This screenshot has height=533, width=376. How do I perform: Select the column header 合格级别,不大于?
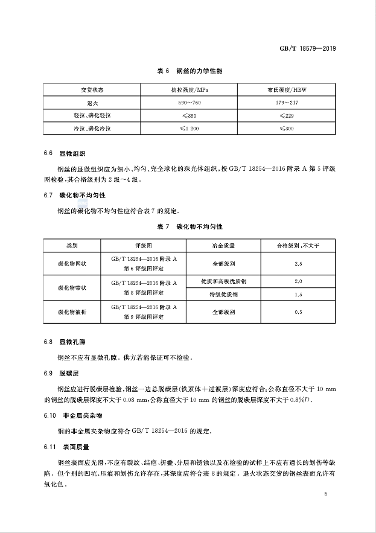coord(298,246)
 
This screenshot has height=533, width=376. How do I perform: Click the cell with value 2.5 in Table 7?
coord(298,264)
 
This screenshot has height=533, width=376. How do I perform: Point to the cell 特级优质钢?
coord(223,295)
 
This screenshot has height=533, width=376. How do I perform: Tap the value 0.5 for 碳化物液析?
coord(298,312)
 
